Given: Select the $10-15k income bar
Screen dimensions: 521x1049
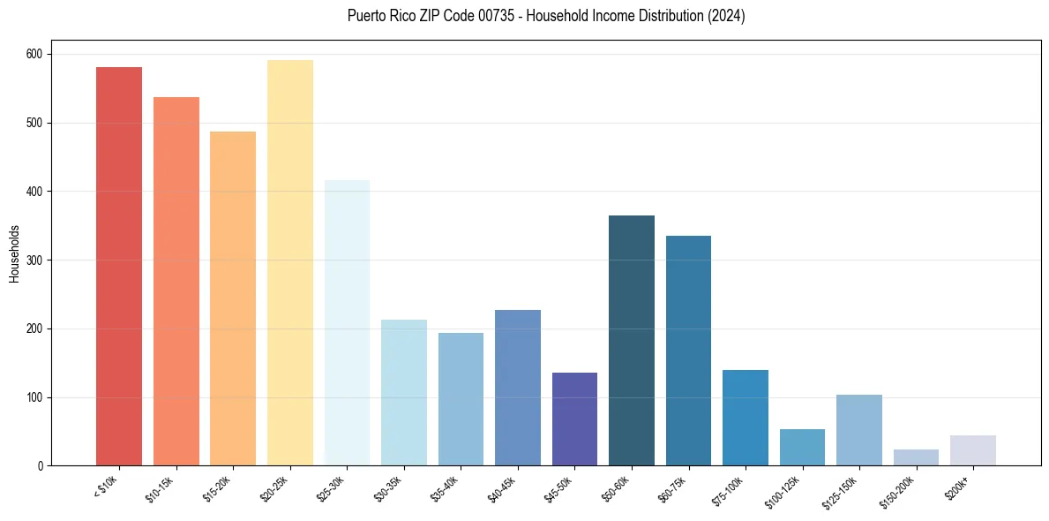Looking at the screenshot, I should (176, 282).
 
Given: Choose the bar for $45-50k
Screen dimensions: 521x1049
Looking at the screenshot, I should (574, 419).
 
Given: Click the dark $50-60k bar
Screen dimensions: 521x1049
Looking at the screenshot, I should (632, 341).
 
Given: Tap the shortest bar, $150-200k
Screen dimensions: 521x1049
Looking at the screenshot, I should (916, 457).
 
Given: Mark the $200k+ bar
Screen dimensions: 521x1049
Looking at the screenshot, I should (973, 450).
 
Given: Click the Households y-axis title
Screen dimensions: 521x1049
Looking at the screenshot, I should (14, 253).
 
